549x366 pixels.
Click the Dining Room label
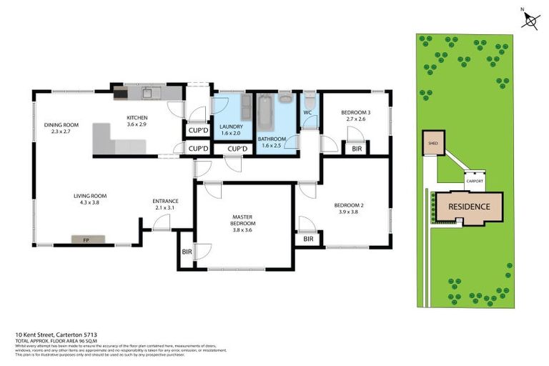61,125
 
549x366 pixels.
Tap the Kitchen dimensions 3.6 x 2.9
137,125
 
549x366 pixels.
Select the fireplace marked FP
86,239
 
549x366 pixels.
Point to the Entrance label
165,201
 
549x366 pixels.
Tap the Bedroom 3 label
355,112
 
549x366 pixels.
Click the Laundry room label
232,127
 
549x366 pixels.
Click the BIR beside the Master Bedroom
187,252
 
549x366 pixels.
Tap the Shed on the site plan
432,143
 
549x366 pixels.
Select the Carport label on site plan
475,181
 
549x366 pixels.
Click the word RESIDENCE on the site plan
470,207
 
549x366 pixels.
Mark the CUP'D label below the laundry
237,149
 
